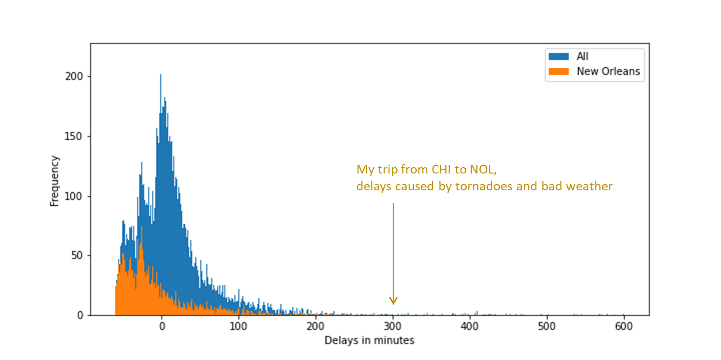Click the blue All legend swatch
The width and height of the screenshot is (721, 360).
559,56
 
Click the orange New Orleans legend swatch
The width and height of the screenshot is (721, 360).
559,71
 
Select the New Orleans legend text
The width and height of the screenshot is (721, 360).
609,71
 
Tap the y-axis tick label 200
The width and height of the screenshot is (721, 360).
74,76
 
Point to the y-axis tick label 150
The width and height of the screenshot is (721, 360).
74,137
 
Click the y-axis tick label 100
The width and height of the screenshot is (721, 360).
74,196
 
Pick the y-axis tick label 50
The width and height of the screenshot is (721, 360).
77,256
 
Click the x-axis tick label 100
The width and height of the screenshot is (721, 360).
238,326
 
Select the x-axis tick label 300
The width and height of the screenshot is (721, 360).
393,326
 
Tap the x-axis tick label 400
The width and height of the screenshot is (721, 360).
470,326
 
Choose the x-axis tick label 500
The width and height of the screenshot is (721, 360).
547,326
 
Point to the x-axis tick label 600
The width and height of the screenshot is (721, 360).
624,326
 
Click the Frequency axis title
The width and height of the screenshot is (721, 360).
55,181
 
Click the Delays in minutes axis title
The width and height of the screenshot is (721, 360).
369,340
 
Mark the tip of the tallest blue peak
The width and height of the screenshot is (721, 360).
161,74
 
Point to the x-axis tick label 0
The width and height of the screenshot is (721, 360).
162,326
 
